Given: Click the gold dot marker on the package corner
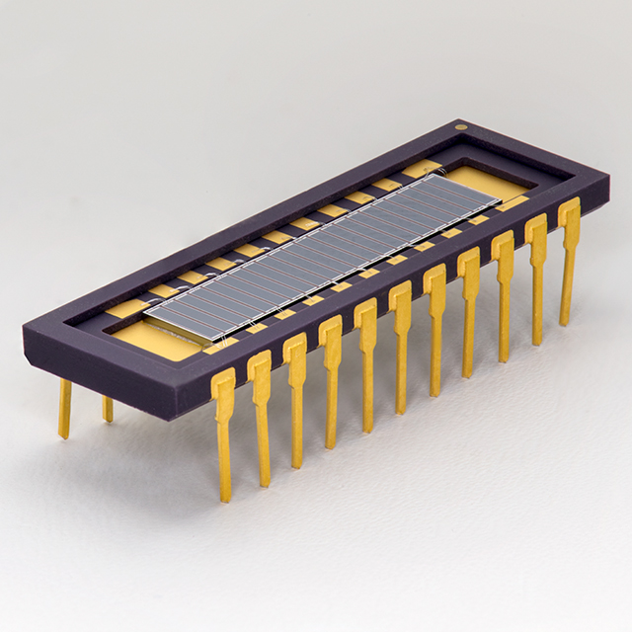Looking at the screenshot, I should point(459,126).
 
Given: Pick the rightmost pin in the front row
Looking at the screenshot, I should point(569,252).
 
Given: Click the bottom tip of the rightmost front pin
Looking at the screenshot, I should point(566,322).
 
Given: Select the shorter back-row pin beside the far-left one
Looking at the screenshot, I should point(107,408).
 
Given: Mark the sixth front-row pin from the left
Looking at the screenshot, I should point(400,336).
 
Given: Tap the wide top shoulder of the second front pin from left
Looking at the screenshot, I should point(259,367).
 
